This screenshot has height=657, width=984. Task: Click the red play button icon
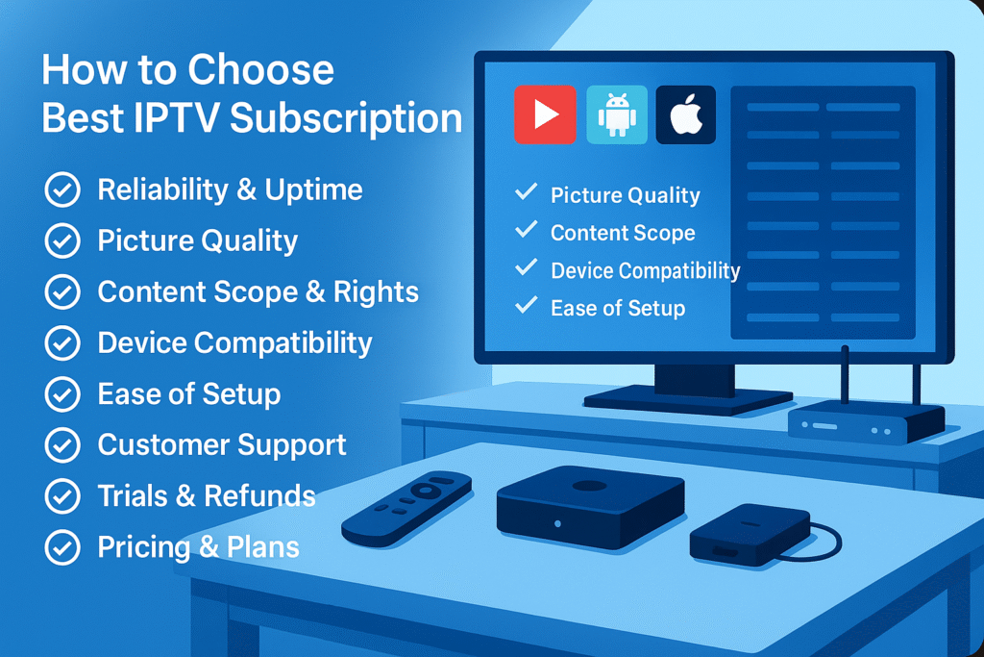(545, 114)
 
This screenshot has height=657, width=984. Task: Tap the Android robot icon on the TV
(617, 114)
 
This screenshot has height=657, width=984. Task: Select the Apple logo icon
(686, 114)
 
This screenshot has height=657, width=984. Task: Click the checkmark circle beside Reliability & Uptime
(62, 190)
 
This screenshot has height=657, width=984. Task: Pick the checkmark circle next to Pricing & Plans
(62, 547)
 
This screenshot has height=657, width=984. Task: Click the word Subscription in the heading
(346, 119)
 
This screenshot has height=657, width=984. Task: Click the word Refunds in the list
(259, 496)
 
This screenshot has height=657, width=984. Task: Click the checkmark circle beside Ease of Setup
(62, 394)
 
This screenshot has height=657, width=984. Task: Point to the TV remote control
(406, 508)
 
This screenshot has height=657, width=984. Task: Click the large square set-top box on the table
(590, 507)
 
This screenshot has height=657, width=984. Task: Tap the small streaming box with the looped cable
(750, 534)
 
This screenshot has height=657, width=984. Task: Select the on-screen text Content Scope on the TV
(623, 233)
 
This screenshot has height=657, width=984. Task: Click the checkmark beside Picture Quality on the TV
(526, 191)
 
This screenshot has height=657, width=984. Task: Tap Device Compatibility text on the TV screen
(645, 271)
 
